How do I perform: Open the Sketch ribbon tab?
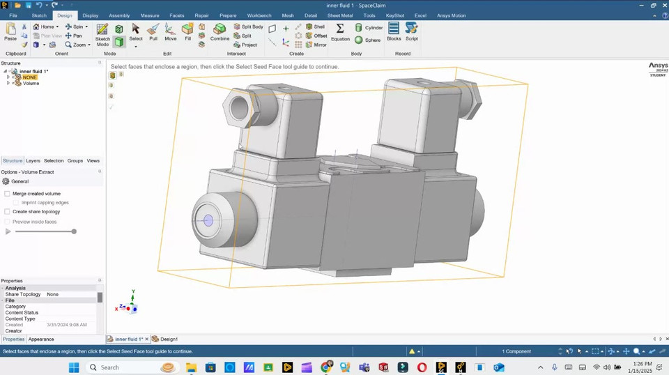click(x=39, y=15)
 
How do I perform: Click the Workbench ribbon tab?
click(x=259, y=15)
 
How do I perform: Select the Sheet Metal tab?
click(x=340, y=15)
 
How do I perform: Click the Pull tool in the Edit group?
click(x=153, y=31)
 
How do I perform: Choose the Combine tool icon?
click(x=220, y=31)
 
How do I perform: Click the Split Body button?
click(x=249, y=26)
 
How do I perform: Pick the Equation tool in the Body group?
click(x=340, y=31)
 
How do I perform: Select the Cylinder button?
click(x=369, y=28)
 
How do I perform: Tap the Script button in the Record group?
click(x=412, y=31)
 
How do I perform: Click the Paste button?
click(x=10, y=31)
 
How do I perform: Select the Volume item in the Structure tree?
click(x=31, y=83)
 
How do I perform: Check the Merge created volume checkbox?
click(x=8, y=194)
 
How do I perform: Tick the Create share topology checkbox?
click(x=8, y=212)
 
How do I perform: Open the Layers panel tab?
click(x=33, y=161)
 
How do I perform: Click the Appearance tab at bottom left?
click(x=41, y=339)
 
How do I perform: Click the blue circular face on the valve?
click(x=208, y=220)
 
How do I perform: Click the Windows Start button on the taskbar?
click(x=75, y=367)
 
